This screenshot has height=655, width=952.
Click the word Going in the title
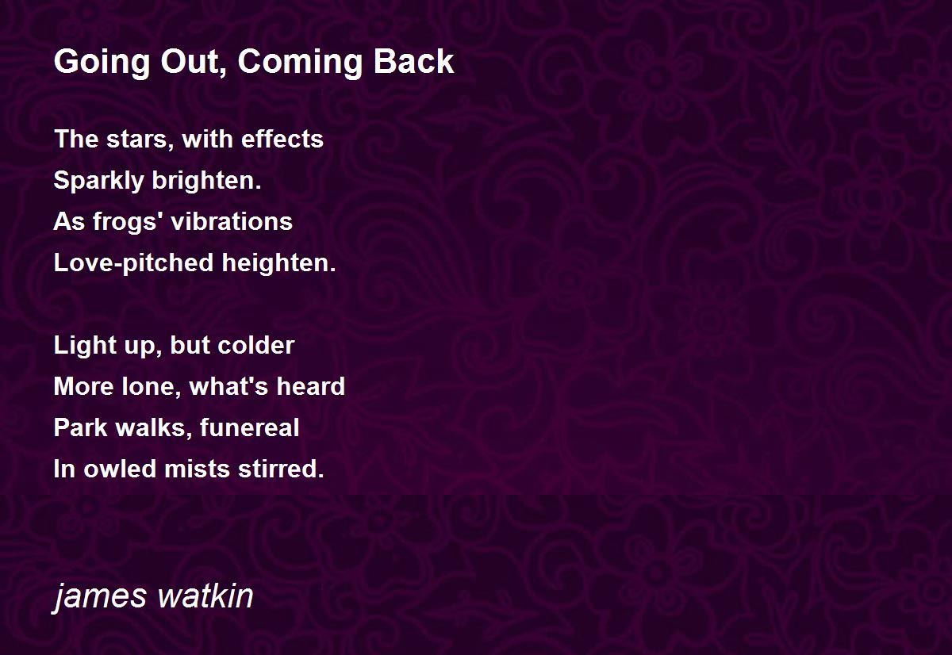(x=102, y=63)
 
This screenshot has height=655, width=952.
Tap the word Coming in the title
(x=300, y=63)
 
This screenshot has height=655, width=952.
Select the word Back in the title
(x=414, y=62)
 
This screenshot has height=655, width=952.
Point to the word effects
(x=282, y=139)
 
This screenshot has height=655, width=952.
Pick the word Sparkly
(x=99, y=181)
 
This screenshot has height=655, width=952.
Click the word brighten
(x=206, y=180)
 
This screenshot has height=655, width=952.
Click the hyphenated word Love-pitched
(x=133, y=263)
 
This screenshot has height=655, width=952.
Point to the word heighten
(x=278, y=262)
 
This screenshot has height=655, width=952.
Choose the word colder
(x=255, y=345)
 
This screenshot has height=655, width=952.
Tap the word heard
(x=311, y=386)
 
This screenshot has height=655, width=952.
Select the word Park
(x=81, y=427)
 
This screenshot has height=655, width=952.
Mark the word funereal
(x=249, y=427)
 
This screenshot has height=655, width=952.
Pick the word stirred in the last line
(x=282, y=469)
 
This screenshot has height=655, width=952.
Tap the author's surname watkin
(x=205, y=596)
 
